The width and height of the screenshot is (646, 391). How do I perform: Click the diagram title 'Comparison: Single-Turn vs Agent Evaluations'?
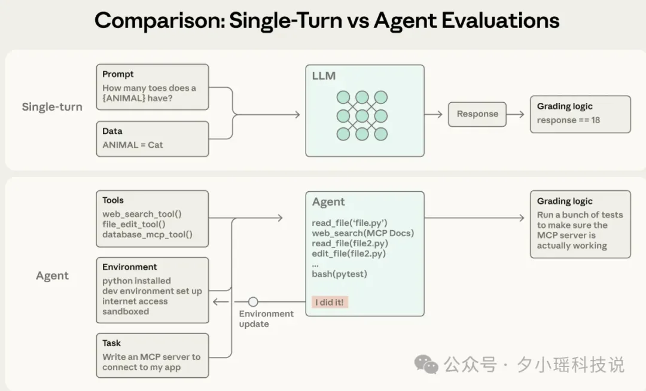coord(327,21)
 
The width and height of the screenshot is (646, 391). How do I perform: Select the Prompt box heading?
coord(118,74)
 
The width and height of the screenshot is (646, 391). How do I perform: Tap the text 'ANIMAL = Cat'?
coord(132,145)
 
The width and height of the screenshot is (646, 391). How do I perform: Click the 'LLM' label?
coord(324,76)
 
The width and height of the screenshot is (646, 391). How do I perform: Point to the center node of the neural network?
coord(362,115)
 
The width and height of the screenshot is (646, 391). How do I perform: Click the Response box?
coord(477,114)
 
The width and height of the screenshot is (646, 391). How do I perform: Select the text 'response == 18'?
coord(568,120)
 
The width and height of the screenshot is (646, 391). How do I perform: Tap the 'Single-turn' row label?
coord(52,107)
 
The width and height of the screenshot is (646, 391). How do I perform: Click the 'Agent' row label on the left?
coord(52,276)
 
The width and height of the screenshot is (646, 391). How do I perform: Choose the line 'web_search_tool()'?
coord(141,214)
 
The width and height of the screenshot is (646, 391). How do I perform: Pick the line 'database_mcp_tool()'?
coord(147,234)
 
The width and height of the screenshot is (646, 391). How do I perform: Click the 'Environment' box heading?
coord(129,267)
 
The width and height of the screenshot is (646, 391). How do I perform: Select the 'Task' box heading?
coord(111,343)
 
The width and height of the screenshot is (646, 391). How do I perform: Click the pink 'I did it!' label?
coord(330,303)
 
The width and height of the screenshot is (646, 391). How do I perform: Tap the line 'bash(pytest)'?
coord(339,274)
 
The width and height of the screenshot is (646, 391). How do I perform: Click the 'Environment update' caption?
coord(266,319)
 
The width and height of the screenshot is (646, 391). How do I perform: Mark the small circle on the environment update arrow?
coord(253,302)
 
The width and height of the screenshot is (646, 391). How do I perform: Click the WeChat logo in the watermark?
coord(426,364)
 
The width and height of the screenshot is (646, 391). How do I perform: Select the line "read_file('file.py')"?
coord(349,223)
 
